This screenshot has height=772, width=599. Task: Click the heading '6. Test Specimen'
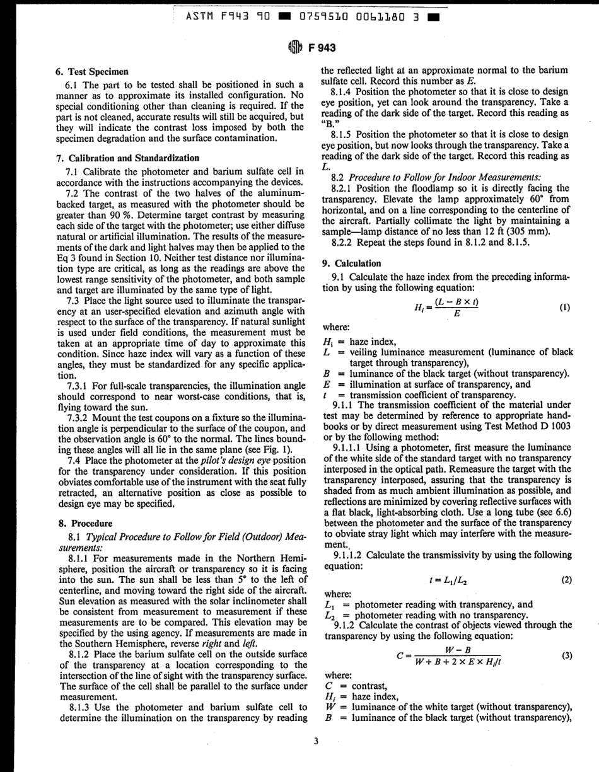[94, 72]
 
